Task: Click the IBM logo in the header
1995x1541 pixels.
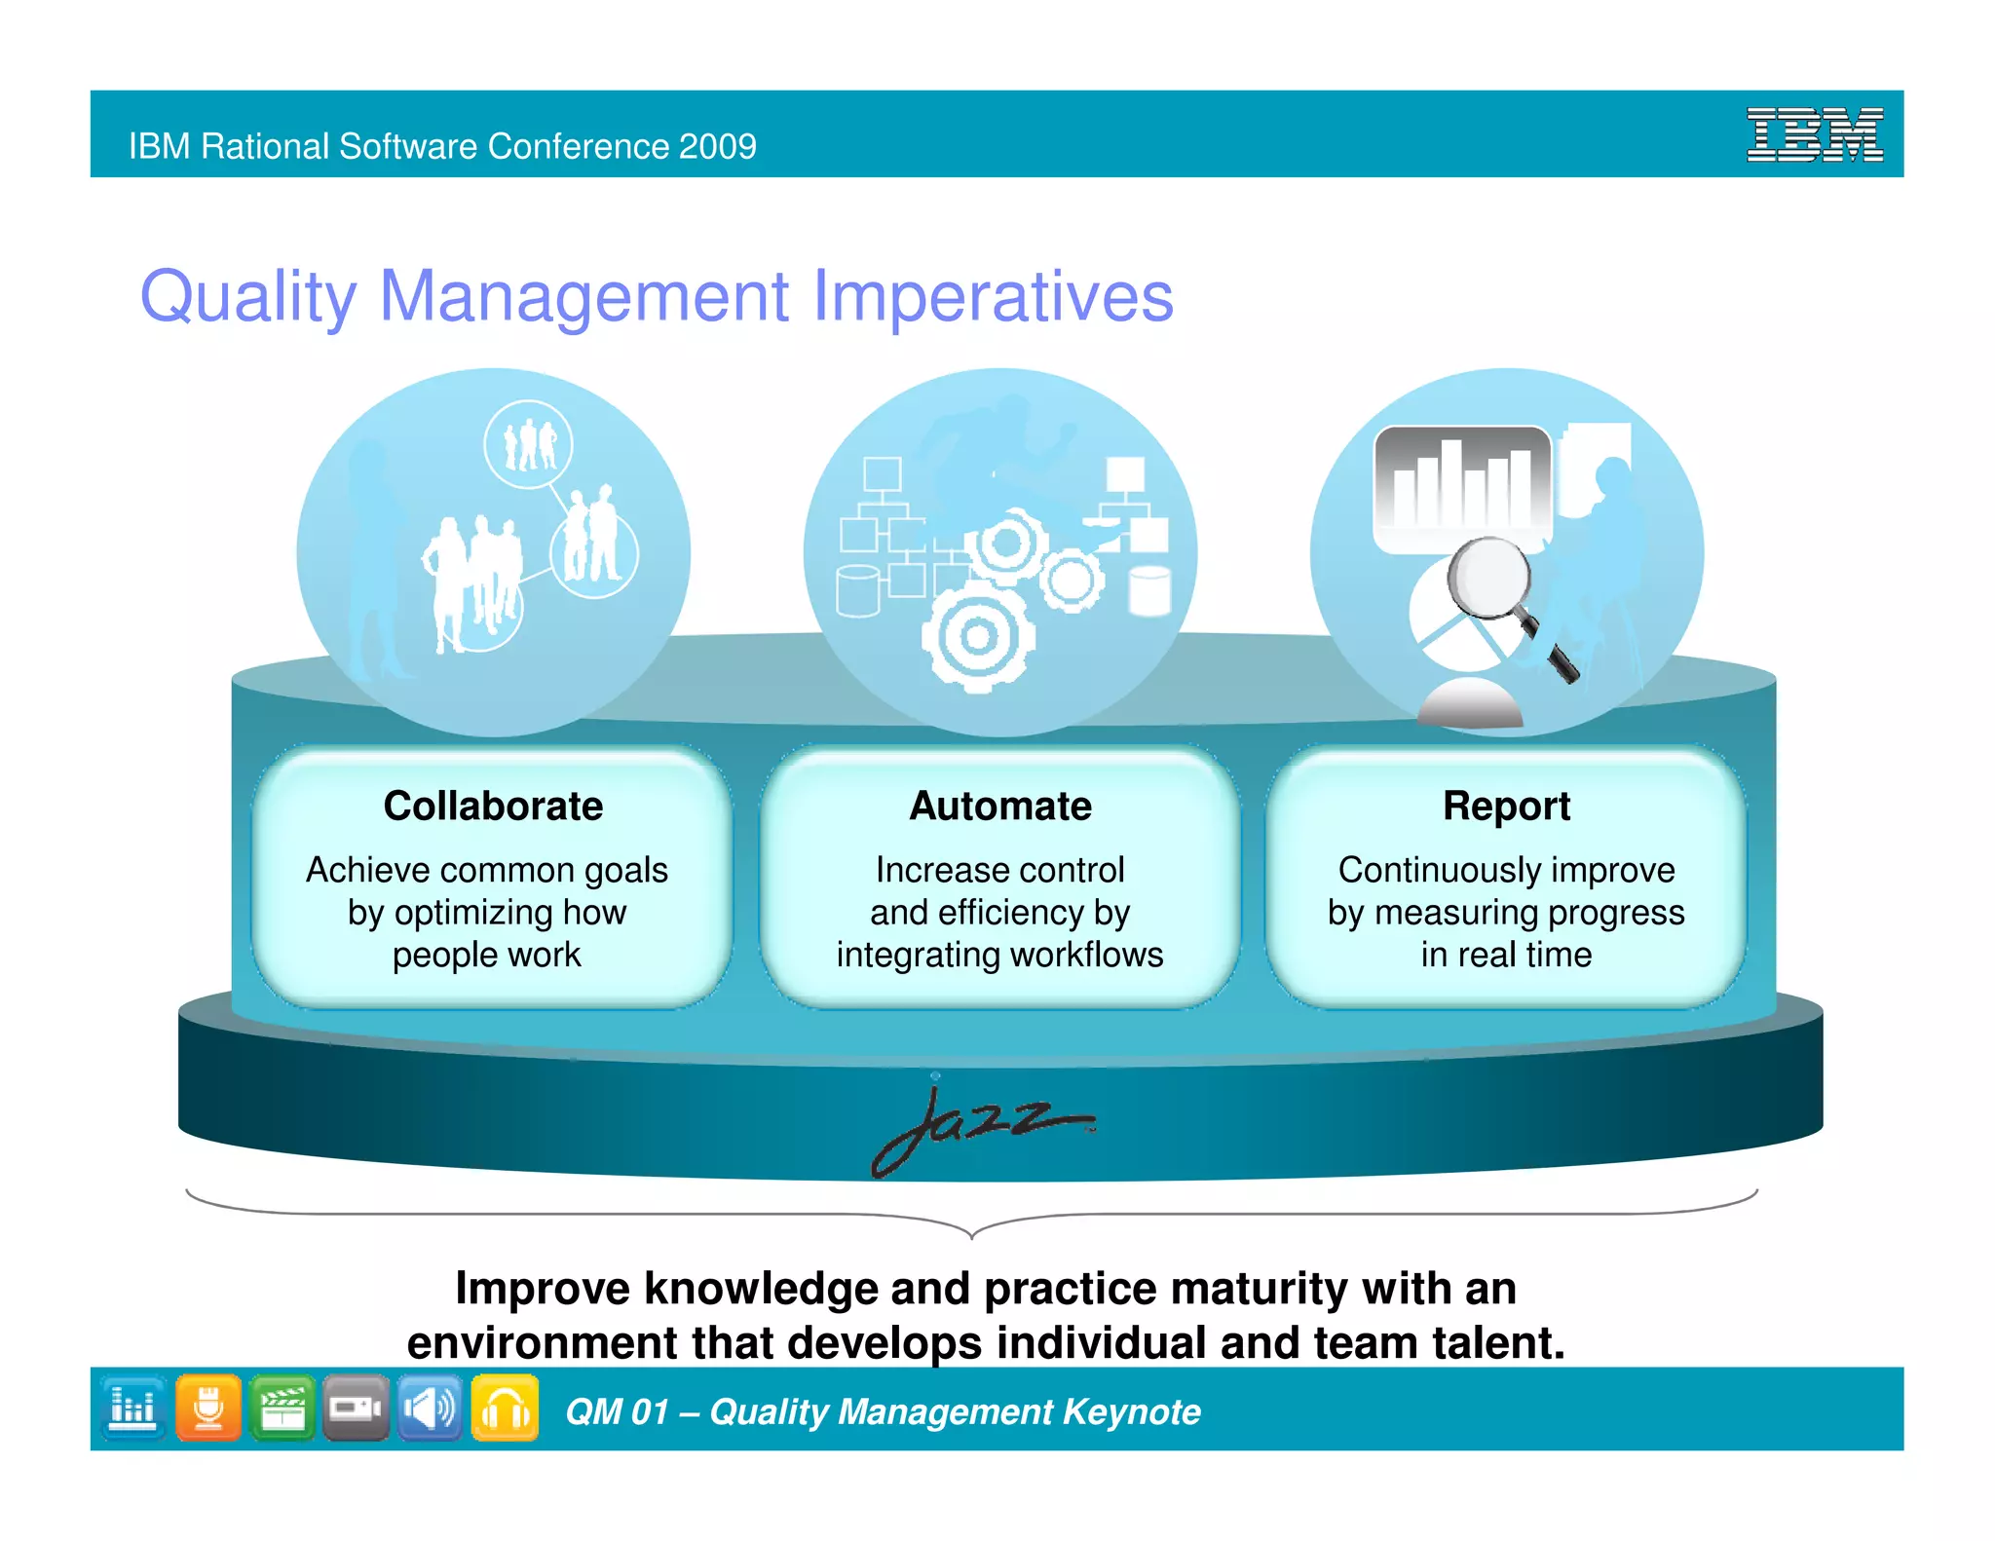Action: [x=1814, y=134]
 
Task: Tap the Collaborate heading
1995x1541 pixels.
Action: [x=493, y=807]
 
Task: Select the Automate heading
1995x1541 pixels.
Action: [x=1000, y=807]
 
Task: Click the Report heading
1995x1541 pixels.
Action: [x=1506, y=807]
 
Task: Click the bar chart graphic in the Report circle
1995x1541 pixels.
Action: [x=1461, y=487]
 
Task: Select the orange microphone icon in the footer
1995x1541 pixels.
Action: [x=208, y=1408]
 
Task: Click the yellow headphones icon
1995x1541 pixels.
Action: [x=505, y=1408]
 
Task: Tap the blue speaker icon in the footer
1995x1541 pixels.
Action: [x=430, y=1408]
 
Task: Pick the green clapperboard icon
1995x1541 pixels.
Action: [x=282, y=1408]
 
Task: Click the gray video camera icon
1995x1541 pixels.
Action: [x=356, y=1408]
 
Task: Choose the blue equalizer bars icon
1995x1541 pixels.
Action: [x=133, y=1408]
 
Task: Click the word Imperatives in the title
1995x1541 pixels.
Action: [x=993, y=296]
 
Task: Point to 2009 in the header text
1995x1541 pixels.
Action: [x=718, y=146]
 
